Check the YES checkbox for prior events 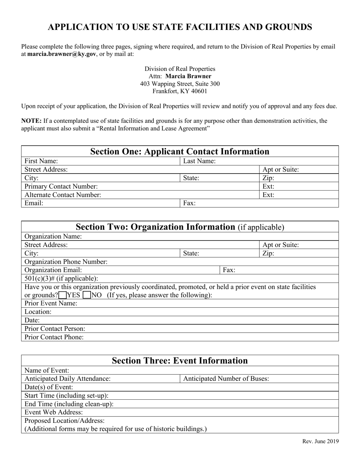(x=63, y=295)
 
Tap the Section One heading (x=180, y=152)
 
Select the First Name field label (x=41, y=161)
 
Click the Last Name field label (x=199, y=161)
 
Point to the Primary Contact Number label (x=61, y=186)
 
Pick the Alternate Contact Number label (x=63, y=195)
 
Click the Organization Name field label (x=53, y=236)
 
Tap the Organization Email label (x=53, y=270)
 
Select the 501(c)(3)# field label (x=61, y=278)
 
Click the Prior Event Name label (x=51, y=303)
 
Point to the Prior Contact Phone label (x=54, y=337)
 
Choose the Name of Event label (x=47, y=370)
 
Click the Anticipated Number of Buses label (x=226, y=378)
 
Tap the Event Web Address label (x=53, y=412)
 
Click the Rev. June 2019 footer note (x=321, y=441)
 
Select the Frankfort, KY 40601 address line (x=180, y=91)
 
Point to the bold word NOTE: (x=31, y=121)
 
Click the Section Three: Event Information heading (x=180, y=361)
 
